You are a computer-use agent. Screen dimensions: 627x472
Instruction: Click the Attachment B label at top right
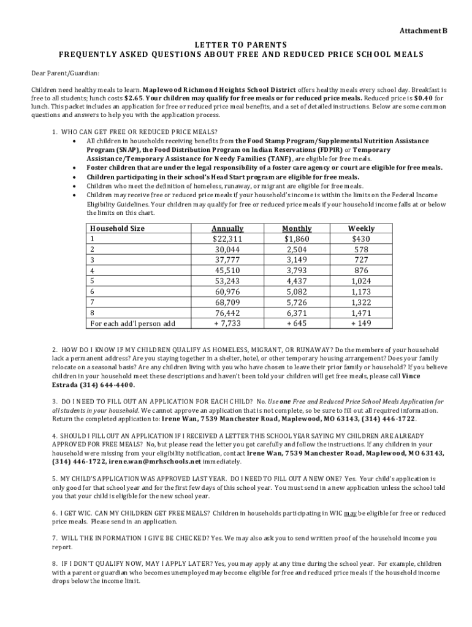pyautogui.click(x=423, y=31)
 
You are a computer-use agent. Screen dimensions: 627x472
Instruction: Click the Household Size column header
pyautogui.click(x=117, y=228)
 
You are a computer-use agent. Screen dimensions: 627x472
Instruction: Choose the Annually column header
pyautogui.click(x=227, y=228)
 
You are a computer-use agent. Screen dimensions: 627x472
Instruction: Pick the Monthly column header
pyautogui.click(x=297, y=228)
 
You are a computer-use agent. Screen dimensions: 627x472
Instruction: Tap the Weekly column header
pyautogui.click(x=361, y=228)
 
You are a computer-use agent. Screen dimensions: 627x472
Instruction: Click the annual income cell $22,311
pyautogui.click(x=227, y=239)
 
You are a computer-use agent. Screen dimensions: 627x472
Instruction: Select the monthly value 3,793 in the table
pyautogui.click(x=297, y=270)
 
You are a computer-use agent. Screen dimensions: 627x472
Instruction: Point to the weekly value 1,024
pyautogui.click(x=361, y=281)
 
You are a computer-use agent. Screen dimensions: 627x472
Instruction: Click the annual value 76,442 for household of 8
pyautogui.click(x=227, y=312)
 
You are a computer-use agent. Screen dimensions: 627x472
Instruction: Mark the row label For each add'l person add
pyautogui.click(x=132, y=323)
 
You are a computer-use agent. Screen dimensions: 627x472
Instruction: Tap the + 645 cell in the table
pyautogui.click(x=297, y=323)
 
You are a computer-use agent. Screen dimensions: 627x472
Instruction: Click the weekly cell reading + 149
pyautogui.click(x=361, y=323)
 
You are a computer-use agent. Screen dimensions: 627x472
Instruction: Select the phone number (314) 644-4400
pyautogui.click(x=107, y=385)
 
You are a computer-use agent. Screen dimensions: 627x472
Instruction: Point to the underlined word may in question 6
pyautogui.click(x=351, y=512)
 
